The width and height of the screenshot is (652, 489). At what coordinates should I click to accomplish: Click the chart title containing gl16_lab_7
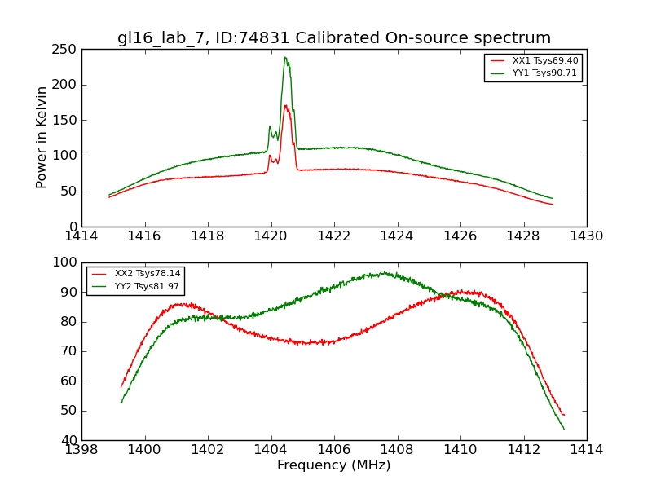[334, 38]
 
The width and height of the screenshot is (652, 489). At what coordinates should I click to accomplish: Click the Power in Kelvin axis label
[42, 137]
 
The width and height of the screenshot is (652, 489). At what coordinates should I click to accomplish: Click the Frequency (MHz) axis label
[334, 465]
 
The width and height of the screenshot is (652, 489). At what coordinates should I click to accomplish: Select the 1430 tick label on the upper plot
[587, 236]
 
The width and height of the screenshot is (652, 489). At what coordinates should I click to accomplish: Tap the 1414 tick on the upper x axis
[81, 236]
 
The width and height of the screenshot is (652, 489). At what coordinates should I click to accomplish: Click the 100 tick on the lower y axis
[66, 262]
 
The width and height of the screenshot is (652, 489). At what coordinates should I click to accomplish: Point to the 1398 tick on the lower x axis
[81, 449]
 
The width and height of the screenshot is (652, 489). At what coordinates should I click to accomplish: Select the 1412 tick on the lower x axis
[523, 449]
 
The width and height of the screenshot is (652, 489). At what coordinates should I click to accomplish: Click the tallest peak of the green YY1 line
[285, 57]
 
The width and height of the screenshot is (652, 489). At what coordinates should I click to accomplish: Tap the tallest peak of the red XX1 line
[285, 105]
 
